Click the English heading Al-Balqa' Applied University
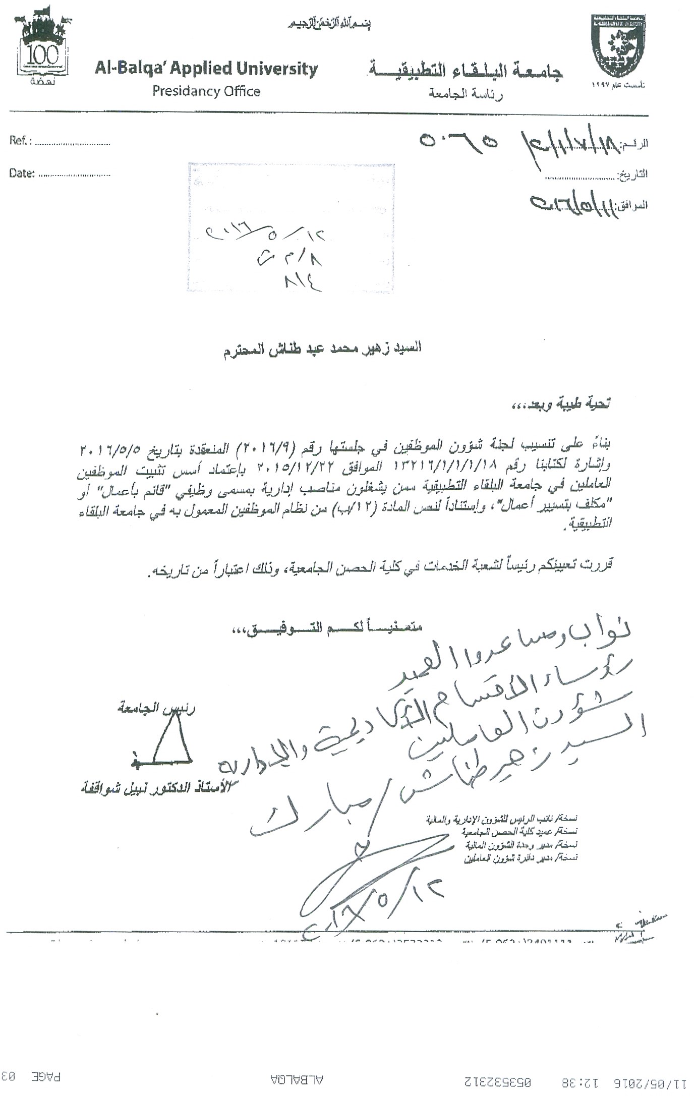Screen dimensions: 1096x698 (206, 69)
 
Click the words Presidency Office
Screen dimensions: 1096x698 (206, 91)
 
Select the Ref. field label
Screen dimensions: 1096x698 (20, 141)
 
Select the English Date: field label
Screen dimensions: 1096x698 (22, 174)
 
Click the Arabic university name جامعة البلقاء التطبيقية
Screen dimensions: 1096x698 (465, 71)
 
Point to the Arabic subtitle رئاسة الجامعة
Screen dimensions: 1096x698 (466, 94)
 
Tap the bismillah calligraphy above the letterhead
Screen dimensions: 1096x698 (329, 24)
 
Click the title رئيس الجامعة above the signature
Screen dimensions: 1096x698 (156, 708)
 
